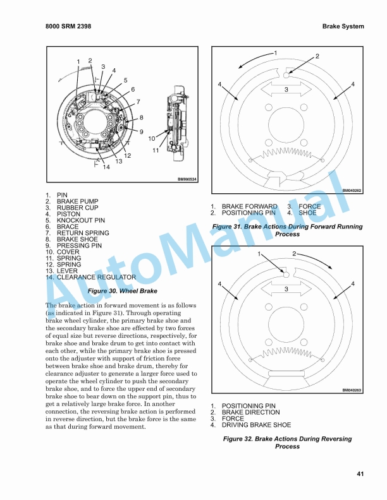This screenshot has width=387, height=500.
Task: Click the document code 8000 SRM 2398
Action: pyautogui.click(x=70, y=27)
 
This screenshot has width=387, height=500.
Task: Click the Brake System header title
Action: pyautogui.click(x=343, y=27)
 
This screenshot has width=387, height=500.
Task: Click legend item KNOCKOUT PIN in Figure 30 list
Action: pyautogui.click(x=80, y=220)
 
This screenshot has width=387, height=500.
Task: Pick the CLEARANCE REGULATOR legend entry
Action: pyautogui.click(x=96, y=277)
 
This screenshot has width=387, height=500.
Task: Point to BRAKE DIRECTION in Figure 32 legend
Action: pyautogui.click(x=250, y=412)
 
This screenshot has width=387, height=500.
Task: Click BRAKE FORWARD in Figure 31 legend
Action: pyautogui.click(x=249, y=206)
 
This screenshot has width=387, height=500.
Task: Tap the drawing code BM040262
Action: pyautogui.click(x=352, y=190)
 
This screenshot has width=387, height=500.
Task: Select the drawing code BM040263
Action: pyautogui.click(x=352, y=390)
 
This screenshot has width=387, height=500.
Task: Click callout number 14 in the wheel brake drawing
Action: pyautogui.click(x=106, y=167)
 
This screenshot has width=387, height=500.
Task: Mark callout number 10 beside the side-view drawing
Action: pyautogui.click(x=152, y=138)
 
